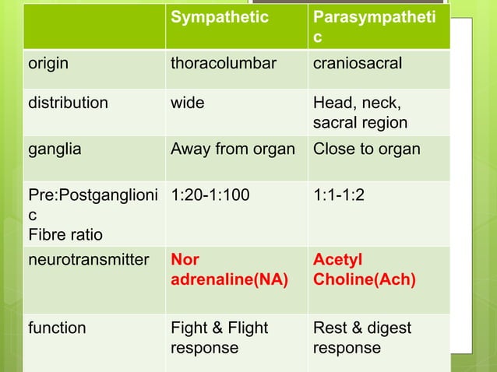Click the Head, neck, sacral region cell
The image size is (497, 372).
(359, 113)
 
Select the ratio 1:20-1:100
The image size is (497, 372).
(210, 193)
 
